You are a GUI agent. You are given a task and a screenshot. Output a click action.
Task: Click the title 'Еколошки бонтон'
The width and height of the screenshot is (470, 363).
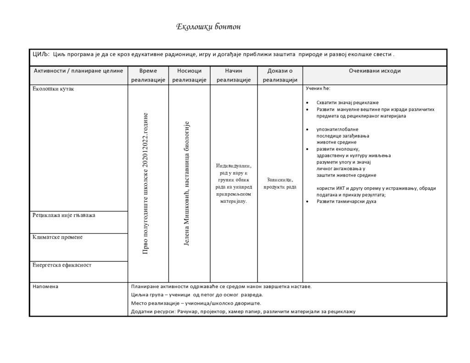point(208,27)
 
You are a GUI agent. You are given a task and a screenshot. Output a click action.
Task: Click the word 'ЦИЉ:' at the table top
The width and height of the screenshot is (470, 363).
point(40,54)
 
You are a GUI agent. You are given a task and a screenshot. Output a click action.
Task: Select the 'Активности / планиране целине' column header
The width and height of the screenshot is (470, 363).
point(78,71)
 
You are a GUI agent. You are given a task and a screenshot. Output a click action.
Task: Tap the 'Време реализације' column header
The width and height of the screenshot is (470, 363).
point(148,75)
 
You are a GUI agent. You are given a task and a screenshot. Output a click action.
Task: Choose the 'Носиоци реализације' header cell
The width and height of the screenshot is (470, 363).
point(189,75)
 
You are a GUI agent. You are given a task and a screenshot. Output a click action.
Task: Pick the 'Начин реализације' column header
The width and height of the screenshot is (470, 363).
point(234,75)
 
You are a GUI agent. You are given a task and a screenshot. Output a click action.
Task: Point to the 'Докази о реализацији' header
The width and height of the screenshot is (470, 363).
point(280,75)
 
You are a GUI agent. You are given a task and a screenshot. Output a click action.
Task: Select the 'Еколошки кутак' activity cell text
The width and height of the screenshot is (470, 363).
point(53,89)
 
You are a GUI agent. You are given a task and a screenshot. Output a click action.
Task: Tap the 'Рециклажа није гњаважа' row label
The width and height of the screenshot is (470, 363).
point(64,215)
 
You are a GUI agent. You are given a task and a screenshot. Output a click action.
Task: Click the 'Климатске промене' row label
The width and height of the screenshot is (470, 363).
point(57,237)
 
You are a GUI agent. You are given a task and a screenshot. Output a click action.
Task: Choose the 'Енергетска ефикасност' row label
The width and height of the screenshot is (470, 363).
point(62,265)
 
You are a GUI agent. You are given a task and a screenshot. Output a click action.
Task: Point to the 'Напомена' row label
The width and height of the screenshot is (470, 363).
point(45,286)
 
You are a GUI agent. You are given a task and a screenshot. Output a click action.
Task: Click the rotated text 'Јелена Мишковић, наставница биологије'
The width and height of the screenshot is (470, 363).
point(187,183)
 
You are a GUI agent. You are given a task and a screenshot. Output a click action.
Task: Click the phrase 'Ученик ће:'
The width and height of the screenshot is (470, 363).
point(318,88)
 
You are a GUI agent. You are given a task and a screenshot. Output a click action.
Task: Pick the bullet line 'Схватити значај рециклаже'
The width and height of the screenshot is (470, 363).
point(347,103)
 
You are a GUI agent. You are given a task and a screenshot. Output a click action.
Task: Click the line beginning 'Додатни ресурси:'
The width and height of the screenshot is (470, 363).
point(243,312)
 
